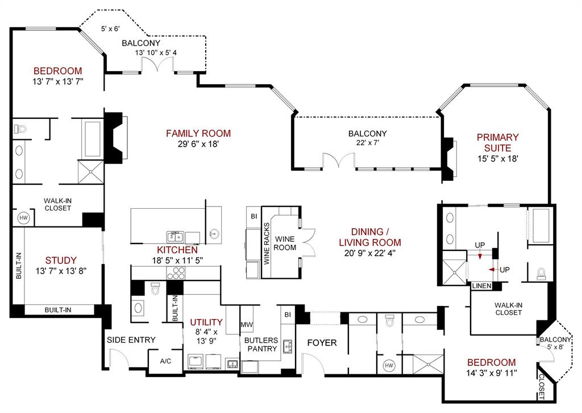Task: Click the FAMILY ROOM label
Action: tap(198, 133)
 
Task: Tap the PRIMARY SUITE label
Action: tap(497, 143)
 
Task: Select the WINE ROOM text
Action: tap(285, 243)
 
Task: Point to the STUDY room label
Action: tap(61, 261)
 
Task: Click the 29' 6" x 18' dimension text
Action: tap(198, 144)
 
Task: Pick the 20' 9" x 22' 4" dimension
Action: tap(369, 253)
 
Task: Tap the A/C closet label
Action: tap(165, 361)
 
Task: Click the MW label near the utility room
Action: tap(247, 325)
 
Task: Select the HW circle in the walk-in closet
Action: tap(23, 218)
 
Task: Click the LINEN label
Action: tap(482, 286)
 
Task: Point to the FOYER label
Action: tap(322, 343)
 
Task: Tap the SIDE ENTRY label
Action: tap(131, 340)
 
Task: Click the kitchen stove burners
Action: tap(176, 273)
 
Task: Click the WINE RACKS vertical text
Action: tap(267, 243)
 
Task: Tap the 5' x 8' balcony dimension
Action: tap(555, 347)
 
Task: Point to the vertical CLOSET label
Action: tap(542, 387)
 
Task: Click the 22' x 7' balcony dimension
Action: tap(368, 143)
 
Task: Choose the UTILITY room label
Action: tap(206, 323)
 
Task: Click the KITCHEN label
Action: tap(177, 250)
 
